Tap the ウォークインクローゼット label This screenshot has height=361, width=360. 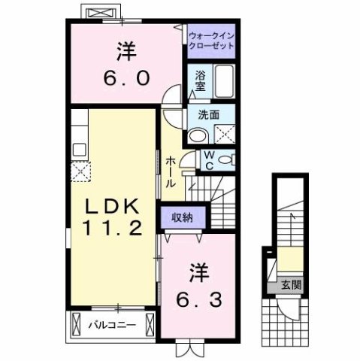click(210, 40)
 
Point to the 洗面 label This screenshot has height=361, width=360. click(209, 116)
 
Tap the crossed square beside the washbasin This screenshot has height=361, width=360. click(224, 135)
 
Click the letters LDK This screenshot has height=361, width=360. click(113, 205)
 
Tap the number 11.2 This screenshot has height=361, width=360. click(113, 229)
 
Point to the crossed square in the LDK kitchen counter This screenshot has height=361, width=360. click(80, 171)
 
